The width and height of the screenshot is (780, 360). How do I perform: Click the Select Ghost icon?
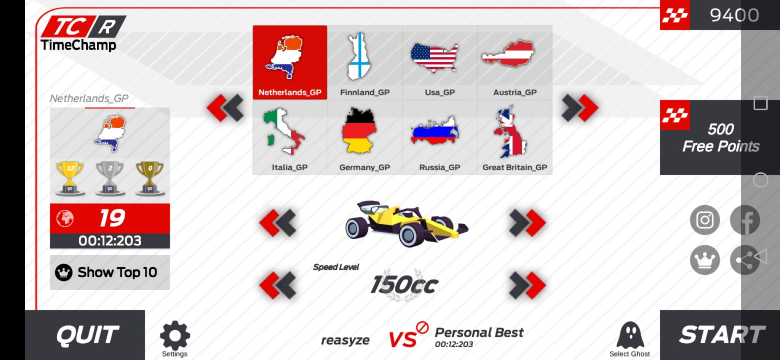(x=630, y=336)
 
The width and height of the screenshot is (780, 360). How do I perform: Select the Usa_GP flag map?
(x=435, y=58)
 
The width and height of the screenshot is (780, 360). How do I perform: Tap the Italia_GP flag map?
(x=283, y=131)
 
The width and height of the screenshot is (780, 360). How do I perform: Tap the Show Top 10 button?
(x=110, y=272)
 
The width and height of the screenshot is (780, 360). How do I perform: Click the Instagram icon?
(x=705, y=220)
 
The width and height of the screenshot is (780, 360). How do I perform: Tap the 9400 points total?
(x=734, y=15)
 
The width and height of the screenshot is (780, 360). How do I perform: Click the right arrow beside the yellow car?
(x=527, y=222)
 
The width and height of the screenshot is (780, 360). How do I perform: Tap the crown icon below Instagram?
(x=705, y=260)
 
